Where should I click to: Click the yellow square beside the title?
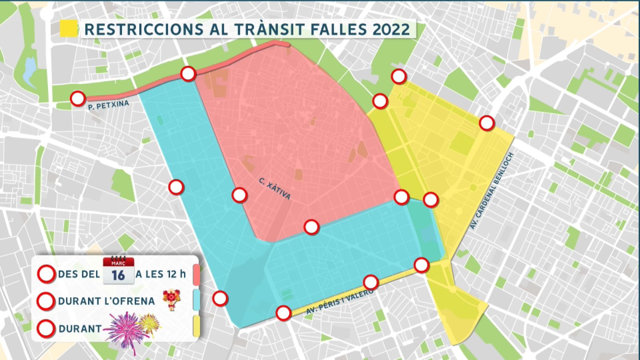coord(68,29)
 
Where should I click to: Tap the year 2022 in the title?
coord(391,29)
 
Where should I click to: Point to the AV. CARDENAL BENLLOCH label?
coord(492,191)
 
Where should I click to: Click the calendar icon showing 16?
coord(118,271)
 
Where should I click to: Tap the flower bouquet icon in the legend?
coord(171,300)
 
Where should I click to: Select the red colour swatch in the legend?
coord(196,274)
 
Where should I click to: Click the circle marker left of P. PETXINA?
coord(78,98)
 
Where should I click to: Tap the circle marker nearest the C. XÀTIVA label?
coord(239,195)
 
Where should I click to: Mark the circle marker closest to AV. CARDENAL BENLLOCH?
coord(486,123)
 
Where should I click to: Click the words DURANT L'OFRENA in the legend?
coord(106,301)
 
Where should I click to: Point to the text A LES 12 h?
coord(160,274)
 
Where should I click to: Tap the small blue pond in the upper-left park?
coord(30,68)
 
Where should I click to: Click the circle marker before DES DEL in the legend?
coord(46,274)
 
